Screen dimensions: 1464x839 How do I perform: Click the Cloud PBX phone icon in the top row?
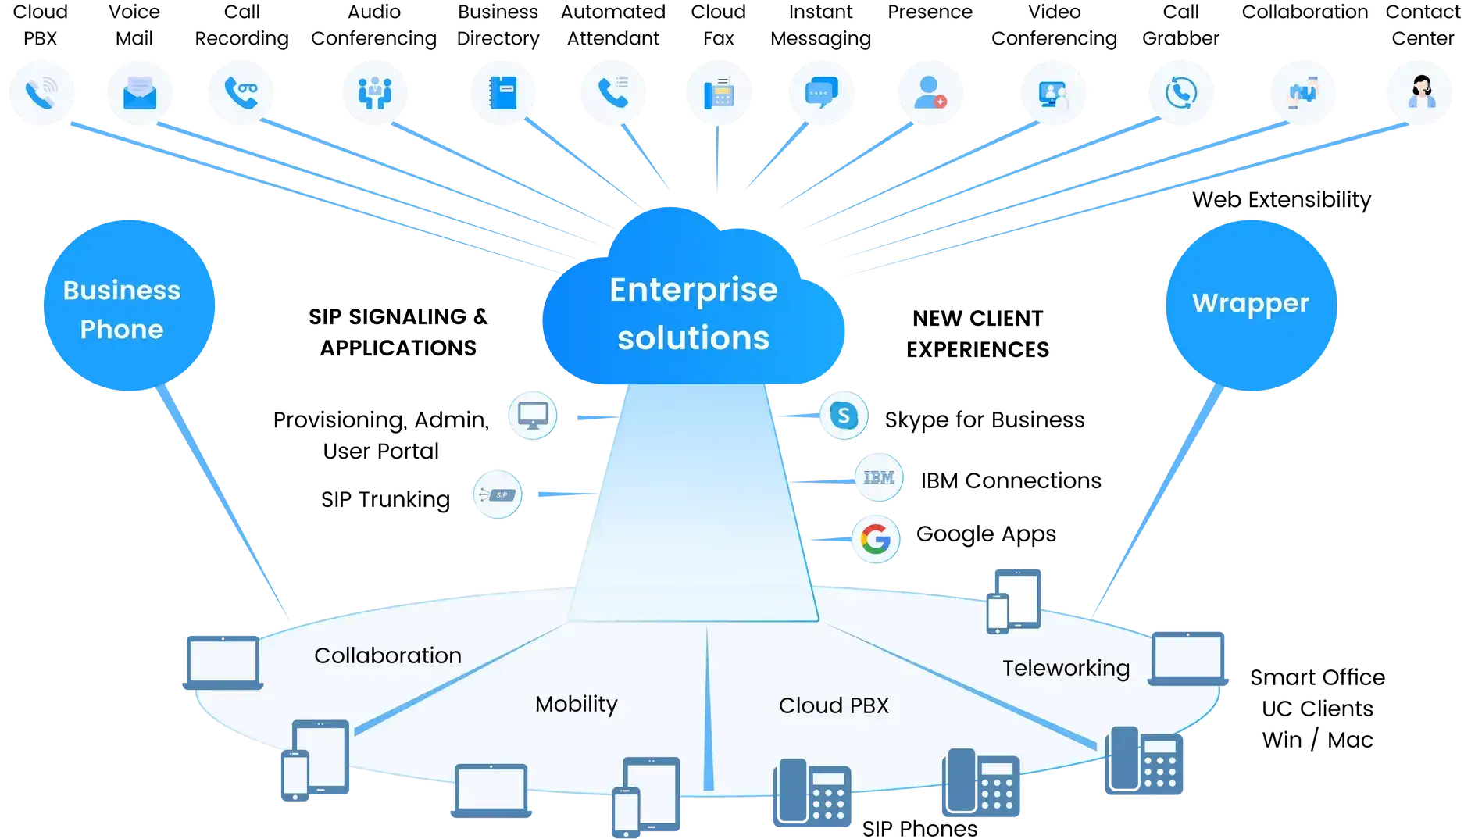coord(41,93)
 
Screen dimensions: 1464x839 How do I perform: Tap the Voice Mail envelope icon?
coord(140,93)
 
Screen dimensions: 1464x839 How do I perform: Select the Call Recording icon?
coord(241,93)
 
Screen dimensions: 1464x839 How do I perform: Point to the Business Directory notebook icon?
coord(503,93)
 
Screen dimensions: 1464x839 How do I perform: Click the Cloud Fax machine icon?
coord(719,93)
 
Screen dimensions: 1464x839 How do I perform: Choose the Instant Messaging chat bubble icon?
coord(821,93)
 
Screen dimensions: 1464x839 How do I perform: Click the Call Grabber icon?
coord(1181,93)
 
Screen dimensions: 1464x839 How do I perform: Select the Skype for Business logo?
coord(844,416)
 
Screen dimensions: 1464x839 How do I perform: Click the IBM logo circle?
coord(879,477)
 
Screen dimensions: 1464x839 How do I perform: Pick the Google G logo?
coord(876,539)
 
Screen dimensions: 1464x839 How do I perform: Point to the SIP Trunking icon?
coord(498,494)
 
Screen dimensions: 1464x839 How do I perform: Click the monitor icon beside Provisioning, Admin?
coord(533,416)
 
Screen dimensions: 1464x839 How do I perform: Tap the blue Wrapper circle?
coord(1251,305)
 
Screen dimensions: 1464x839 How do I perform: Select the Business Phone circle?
coord(129,305)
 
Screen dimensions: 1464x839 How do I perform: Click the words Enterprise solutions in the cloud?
coord(694,314)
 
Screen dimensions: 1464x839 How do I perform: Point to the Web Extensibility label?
coord(1281,200)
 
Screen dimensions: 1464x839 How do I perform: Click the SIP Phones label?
coord(919,828)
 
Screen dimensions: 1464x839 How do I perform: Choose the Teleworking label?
coord(1066,669)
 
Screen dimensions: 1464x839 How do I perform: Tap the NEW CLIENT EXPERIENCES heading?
coord(978,334)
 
